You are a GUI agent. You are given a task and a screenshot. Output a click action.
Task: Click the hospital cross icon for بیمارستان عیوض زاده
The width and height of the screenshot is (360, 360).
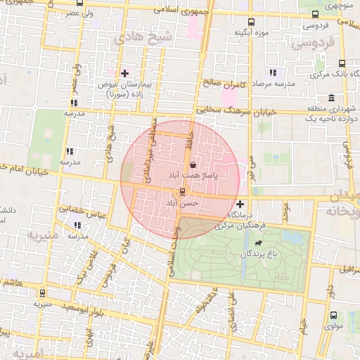(125, 73)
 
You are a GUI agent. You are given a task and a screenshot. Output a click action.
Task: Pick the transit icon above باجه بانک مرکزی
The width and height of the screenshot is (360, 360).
(342, 63)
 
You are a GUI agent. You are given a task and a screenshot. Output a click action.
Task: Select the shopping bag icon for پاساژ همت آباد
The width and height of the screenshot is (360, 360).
(193, 163)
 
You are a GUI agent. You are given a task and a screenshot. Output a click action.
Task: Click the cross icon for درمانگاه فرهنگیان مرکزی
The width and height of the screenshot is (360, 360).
(240, 204)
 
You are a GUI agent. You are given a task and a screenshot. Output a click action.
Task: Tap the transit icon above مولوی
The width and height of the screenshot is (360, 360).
(333, 316)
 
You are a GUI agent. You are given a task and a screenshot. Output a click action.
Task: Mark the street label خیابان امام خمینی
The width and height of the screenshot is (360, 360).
(25, 168)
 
